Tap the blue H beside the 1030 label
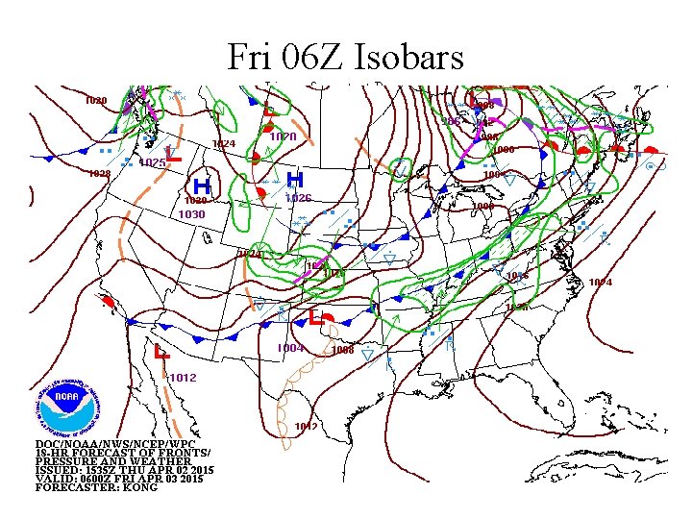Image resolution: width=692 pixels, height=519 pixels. [202, 185]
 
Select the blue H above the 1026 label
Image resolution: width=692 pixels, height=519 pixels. [296, 180]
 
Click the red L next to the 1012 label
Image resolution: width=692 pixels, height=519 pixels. [160, 355]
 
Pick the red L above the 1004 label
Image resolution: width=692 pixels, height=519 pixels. [315, 318]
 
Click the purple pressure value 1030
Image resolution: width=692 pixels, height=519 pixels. [192, 214]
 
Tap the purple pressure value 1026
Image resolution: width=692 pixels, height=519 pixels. [298, 198]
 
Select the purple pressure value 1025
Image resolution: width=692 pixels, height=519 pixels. [153, 163]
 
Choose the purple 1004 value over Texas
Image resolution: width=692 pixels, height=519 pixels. [290, 348]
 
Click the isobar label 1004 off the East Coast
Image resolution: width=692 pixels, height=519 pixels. [600, 282]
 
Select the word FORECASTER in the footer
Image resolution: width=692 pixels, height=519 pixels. [67, 487]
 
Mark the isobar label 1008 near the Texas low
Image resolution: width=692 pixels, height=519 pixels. [342, 350]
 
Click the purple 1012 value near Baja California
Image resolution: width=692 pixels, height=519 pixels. [183, 378]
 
